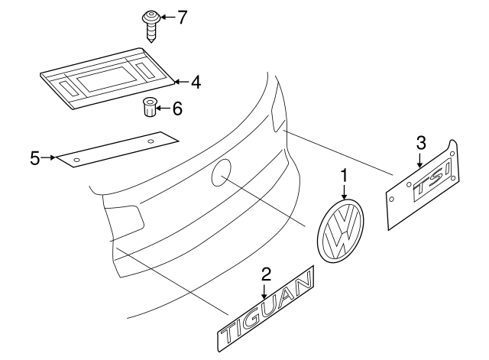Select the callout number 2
point(266,274)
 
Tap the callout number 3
point(419,142)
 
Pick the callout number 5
point(34,158)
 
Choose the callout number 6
point(177,109)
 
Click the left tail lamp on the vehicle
point(124,217)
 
